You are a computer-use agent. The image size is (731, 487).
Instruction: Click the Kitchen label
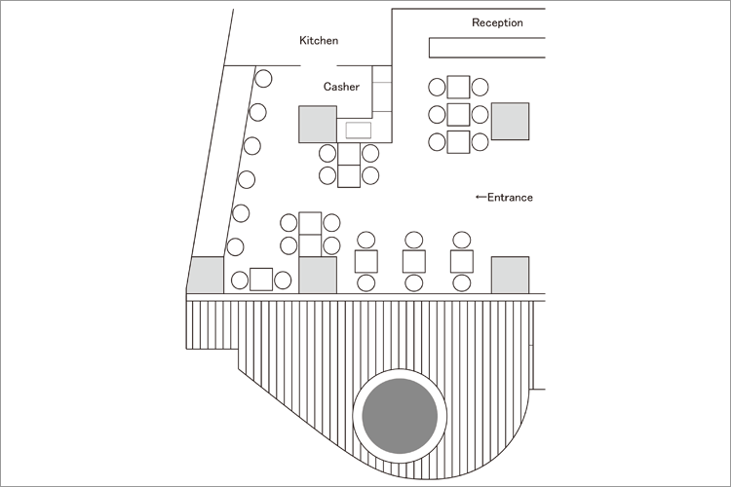coord(319,41)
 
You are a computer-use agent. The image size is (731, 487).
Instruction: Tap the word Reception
coord(497,22)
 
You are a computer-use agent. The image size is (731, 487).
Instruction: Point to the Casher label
coord(341,87)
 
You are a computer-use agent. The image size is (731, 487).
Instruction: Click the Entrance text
coord(510,198)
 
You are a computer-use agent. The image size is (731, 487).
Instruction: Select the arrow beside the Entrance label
coord(480,198)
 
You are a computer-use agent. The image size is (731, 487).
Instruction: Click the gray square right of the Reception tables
coord(510,121)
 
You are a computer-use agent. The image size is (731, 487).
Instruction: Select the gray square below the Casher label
coord(318,125)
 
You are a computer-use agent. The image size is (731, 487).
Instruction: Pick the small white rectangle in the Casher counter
coord(359,131)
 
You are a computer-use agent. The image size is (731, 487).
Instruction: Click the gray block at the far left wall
coord(206,276)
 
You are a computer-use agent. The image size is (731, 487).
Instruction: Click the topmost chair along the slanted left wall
coord(263,77)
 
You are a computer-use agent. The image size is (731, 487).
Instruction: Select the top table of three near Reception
coord(458,87)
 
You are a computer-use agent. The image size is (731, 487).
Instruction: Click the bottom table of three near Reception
coord(458,142)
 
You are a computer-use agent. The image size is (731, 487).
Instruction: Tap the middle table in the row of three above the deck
coord(414,261)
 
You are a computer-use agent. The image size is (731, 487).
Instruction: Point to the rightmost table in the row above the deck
coord(462,261)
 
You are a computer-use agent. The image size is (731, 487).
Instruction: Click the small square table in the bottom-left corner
coord(261,280)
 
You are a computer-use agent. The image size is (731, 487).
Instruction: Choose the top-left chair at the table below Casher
coord(327,153)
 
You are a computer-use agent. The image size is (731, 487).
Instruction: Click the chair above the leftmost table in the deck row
coord(366,240)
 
